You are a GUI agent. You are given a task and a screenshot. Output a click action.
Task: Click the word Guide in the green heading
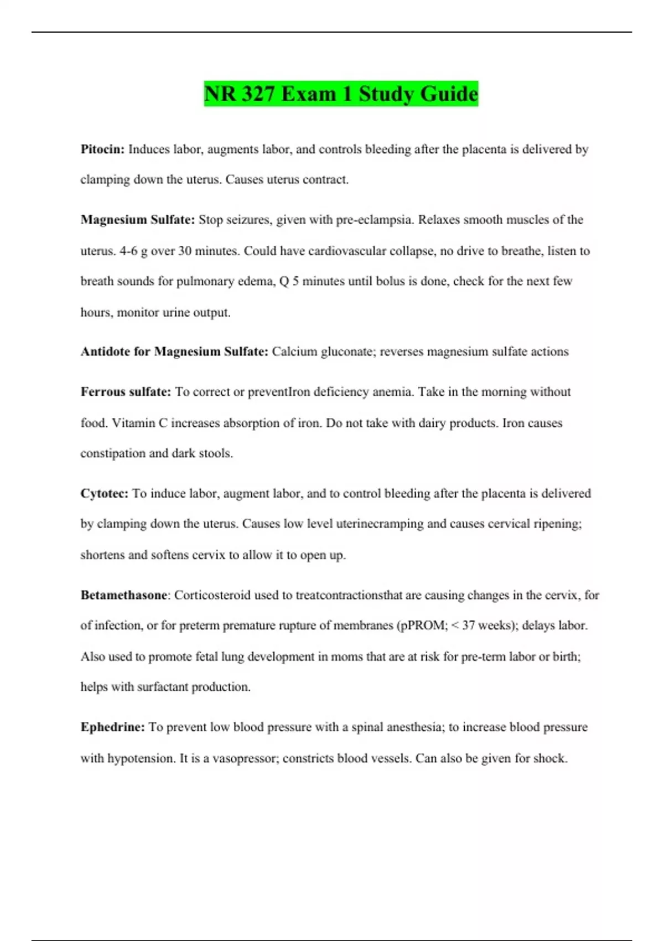449,94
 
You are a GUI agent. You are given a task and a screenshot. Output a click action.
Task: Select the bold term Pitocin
102,149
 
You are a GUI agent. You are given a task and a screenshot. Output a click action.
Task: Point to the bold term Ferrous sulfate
126,392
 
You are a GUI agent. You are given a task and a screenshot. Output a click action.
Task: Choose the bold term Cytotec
104,493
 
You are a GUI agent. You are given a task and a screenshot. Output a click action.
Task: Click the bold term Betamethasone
124,595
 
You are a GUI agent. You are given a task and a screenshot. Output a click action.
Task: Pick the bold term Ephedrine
112,727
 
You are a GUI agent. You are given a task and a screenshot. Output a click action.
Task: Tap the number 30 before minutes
185,251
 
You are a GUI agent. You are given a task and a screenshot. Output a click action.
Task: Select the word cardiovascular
347,251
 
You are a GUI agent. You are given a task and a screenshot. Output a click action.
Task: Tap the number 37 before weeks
468,625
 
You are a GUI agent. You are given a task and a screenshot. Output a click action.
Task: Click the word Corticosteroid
212,595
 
